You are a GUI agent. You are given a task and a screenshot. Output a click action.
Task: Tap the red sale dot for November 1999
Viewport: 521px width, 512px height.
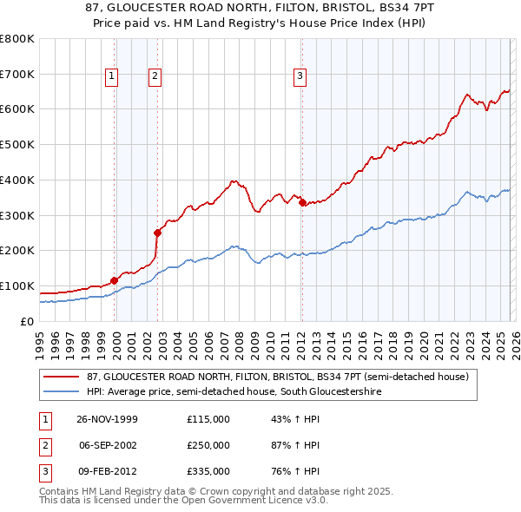(114, 280)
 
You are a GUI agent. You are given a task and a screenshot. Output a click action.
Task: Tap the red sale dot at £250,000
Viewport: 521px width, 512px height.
(157, 233)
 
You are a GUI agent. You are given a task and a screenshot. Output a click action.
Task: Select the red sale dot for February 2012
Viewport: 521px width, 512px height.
(302, 202)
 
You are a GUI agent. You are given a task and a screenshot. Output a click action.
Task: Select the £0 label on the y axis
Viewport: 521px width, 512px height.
(25, 321)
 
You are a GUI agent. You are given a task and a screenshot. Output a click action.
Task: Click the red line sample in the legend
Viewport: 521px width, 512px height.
(61, 377)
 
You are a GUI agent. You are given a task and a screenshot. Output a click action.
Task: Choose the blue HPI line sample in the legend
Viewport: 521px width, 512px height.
(61, 391)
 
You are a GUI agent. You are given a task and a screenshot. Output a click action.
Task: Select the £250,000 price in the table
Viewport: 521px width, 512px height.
(208, 445)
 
